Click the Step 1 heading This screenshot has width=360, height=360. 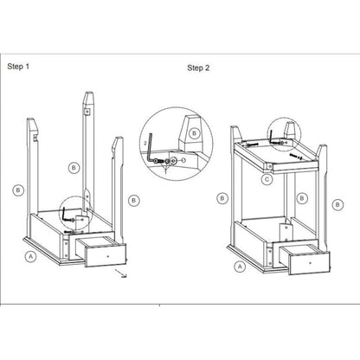coord(18,67)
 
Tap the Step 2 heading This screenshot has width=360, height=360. coord(198,68)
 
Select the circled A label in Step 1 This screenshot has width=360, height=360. coord(30,256)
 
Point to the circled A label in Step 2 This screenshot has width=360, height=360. coord(240,267)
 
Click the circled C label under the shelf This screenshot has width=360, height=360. coord(267,180)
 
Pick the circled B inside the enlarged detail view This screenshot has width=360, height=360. coord(195,133)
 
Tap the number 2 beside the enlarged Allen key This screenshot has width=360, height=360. coord(145,143)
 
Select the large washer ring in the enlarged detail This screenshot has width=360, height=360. coord(173,160)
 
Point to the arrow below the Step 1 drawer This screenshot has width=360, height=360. coord(120,273)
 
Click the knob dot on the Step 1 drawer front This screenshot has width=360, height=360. coord(108,256)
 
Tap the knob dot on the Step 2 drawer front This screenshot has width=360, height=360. coord(310,263)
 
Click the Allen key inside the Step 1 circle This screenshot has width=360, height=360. coord(64,215)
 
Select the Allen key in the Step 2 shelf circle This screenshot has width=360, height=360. coord(272,137)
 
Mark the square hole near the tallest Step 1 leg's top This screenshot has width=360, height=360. coord(87,112)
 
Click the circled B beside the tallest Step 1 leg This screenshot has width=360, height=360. coord(74,168)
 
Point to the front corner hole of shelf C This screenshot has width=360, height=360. coord(269,166)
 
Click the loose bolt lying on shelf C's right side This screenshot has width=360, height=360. coord(295,156)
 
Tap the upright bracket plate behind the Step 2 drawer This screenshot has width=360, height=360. coord(286,231)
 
